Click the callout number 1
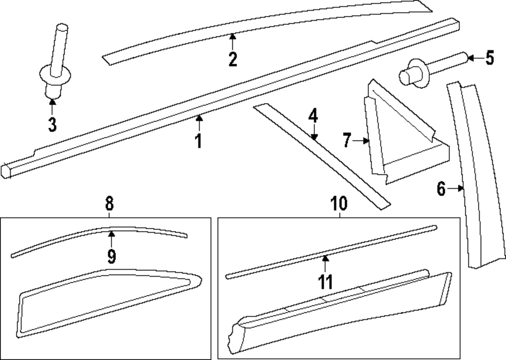(x=199, y=140)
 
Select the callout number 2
(x=232, y=60)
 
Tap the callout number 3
(x=52, y=123)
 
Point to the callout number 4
(x=313, y=116)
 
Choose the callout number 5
(x=489, y=58)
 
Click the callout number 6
(x=441, y=189)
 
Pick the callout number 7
(x=347, y=141)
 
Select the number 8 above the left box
(x=109, y=204)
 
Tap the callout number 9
(x=111, y=256)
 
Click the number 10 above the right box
(x=339, y=204)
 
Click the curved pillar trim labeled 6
(x=476, y=177)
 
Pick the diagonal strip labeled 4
(x=324, y=157)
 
